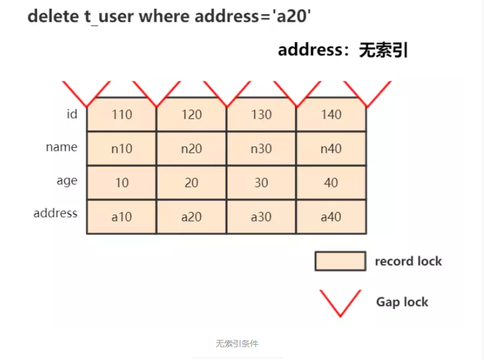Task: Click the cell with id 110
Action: point(122,114)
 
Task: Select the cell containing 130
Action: point(261,114)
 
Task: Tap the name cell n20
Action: point(192,148)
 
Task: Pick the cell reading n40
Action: point(331,148)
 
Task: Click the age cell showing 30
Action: point(261,182)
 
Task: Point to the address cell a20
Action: point(192,216)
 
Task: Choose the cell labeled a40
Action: point(331,216)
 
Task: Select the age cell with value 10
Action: point(122,182)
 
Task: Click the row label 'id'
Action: point(72,114)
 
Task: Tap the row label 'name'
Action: point(62,147)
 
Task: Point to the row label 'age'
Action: point(67,181)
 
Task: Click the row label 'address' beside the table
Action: point(55,213)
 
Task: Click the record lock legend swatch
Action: point(341,261)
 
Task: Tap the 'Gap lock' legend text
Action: point(402,302)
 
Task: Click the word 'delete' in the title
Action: point(54,16)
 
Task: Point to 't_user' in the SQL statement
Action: point(109,16)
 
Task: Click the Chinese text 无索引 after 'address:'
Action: point(384,50)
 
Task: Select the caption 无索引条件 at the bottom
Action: point(237,344)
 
